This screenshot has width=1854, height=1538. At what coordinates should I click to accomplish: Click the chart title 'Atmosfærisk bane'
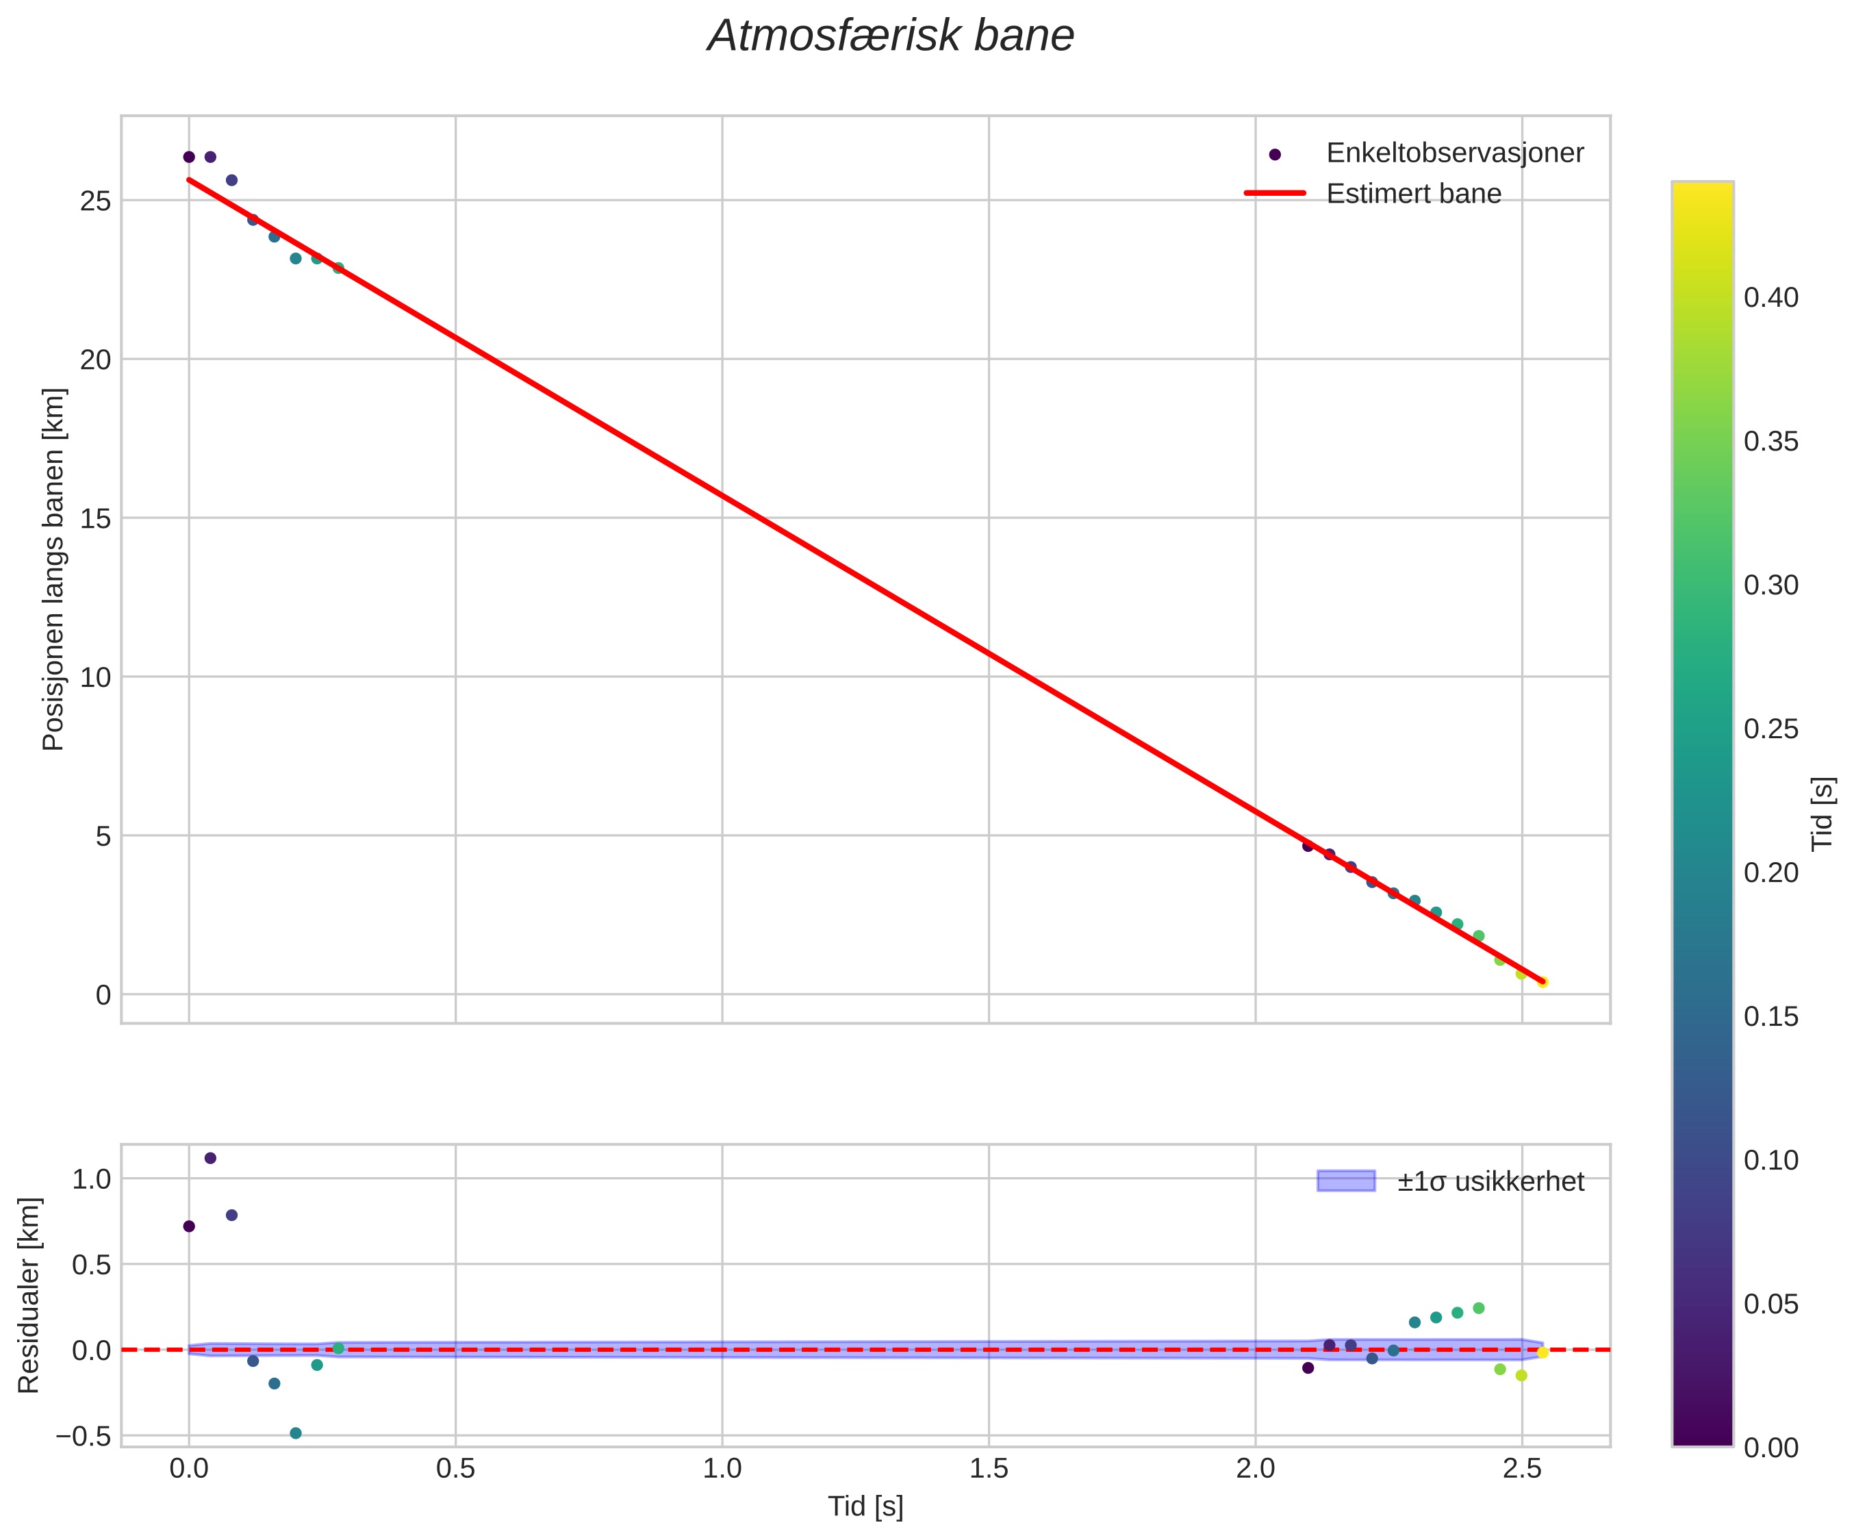[x=890, y=37]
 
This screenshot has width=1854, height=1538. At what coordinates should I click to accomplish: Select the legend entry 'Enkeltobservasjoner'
[x=1454, y=153]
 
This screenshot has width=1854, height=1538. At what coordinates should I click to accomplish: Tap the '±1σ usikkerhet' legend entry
[x=1490, y=1181]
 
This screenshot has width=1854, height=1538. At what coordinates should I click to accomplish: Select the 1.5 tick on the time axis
[x=988, y=1469]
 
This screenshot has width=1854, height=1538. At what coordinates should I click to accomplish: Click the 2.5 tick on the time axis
[x=1521, y=1469]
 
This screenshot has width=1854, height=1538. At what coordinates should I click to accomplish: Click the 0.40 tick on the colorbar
[x=1770, y=298]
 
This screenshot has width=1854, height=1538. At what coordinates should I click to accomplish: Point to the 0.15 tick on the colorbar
[x=1770, y=1016]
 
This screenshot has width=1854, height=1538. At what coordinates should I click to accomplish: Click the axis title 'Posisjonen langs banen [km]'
[x=54, y=570]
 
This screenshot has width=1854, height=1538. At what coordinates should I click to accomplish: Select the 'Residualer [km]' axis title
[x=29, y=1296]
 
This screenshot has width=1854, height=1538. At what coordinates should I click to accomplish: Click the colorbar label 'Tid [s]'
[x=1823, y=813]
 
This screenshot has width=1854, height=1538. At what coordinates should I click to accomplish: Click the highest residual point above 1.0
[x=210, y=1159]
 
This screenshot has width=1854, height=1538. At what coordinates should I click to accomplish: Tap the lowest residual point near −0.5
[x=296, y=1433]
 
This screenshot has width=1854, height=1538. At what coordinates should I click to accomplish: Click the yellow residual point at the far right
[x=1542, y=1352]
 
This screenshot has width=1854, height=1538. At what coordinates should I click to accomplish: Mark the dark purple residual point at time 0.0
[x=189, y=1226]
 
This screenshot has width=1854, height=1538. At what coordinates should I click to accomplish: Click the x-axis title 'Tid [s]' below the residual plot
[x=865, y=1507]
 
